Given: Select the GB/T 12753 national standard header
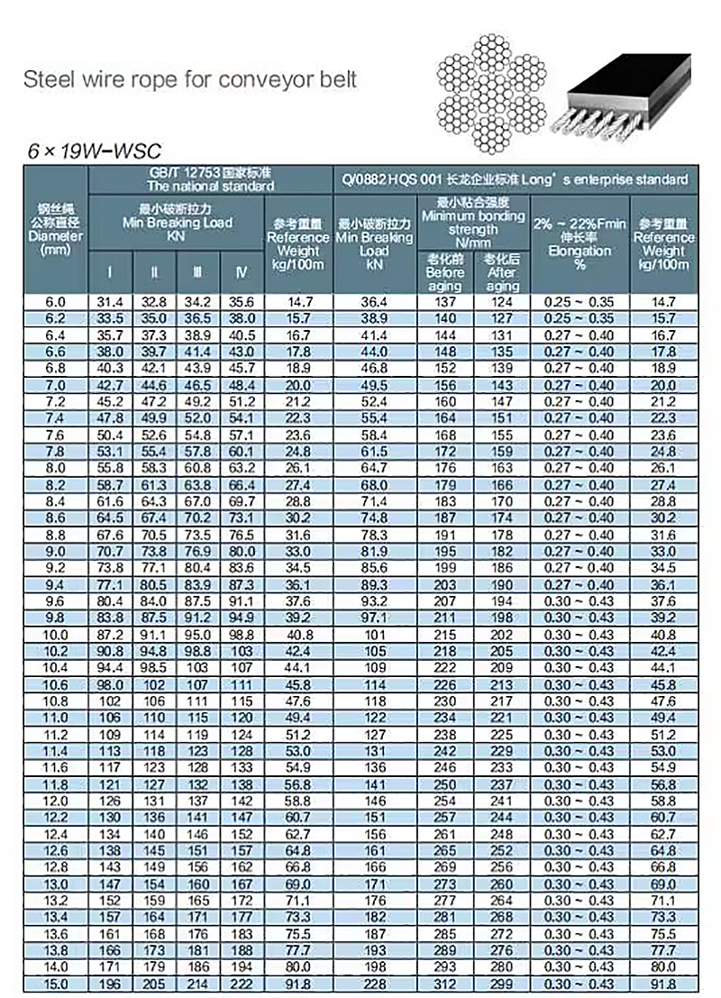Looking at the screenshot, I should click(x=210, y=179).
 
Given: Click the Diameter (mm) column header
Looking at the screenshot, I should click(x=56, y=229).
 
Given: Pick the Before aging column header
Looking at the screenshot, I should click(x=445, y=272).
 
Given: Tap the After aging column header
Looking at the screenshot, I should click(x=501, y=272).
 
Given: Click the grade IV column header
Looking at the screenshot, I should click(x=241, y=271).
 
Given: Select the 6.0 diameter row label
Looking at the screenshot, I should click(x=56, y=302).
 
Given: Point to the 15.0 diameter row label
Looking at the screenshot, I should click(x=56, y=984).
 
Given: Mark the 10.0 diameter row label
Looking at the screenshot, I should click(x=56, y=636).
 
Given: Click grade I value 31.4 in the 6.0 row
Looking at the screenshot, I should click(x=110, y=302).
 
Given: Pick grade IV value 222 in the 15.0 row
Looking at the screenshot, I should click(x=241, y=984).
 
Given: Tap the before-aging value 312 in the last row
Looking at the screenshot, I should click(x=445, y=984).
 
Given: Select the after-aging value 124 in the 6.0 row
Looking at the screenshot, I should click(x=501, y=302).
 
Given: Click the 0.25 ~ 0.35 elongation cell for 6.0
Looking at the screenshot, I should click(x=580, y=302).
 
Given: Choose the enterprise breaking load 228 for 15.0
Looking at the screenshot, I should click(x=374, y=984).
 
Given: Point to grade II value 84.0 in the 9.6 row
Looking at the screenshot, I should click(x=154, y=601).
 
